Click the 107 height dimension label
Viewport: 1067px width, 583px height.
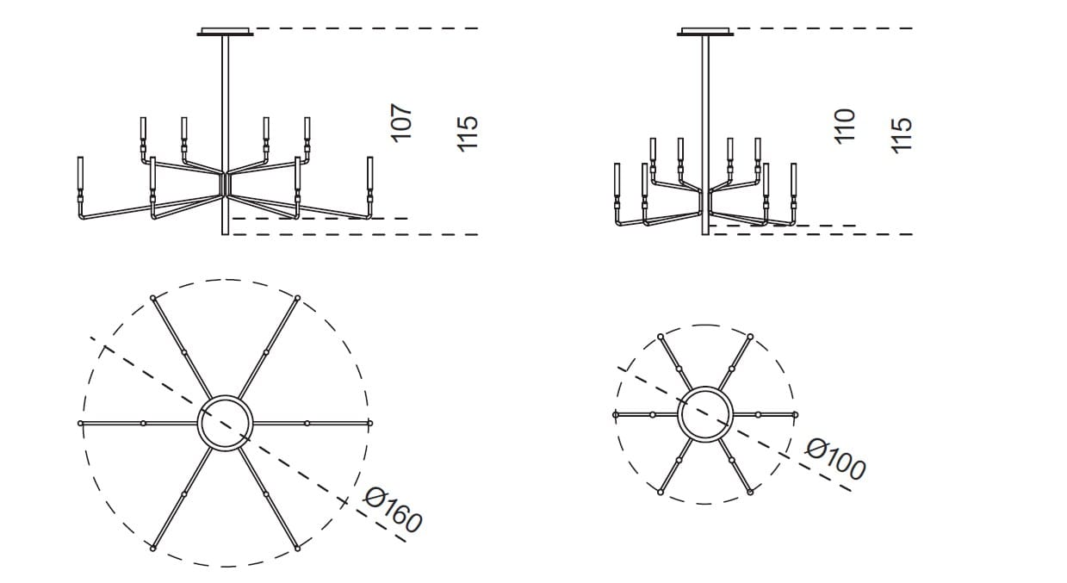(402, 123)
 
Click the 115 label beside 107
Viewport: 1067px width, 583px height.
(467, 133)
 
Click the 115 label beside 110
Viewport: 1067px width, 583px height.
(900, 134)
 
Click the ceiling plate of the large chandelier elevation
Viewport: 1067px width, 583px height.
(226, 33)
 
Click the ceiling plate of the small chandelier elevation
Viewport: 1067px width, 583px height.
(706, 33)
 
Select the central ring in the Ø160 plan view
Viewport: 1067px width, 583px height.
(226, 422)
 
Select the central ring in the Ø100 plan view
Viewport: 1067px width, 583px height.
(705, 414)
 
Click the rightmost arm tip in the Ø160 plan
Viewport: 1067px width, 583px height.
(369, 423)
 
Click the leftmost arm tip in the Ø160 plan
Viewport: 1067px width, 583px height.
(80, 423)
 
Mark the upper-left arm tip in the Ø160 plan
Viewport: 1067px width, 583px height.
(153, 298)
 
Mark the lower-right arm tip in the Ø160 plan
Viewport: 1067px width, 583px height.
(297, 547)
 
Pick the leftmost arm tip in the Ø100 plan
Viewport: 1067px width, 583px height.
(616, 414)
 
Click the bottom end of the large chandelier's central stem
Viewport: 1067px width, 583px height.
(226, 232)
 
